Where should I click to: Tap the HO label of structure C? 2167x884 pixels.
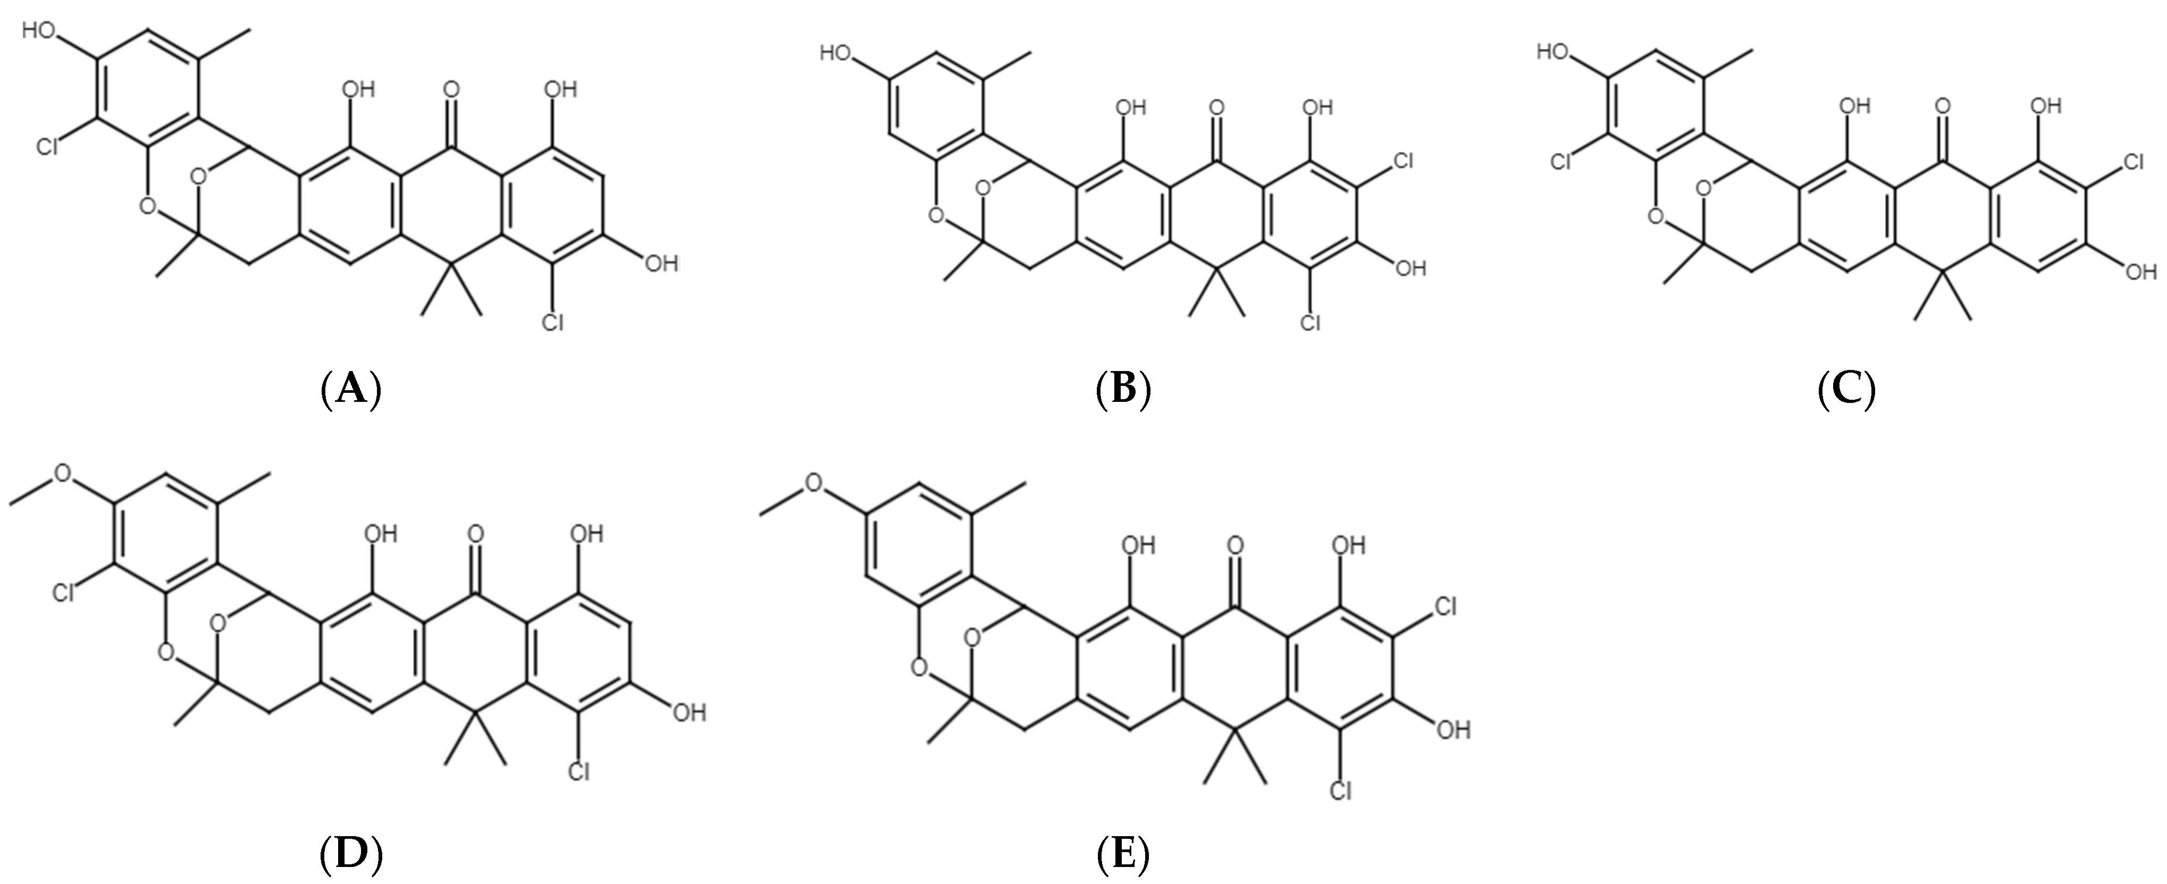tap(1555, 53)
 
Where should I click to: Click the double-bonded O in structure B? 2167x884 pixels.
tap(1215, 108)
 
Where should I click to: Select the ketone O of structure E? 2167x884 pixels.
tap(1235, 545)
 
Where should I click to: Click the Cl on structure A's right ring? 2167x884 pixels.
tap(553, 321)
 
